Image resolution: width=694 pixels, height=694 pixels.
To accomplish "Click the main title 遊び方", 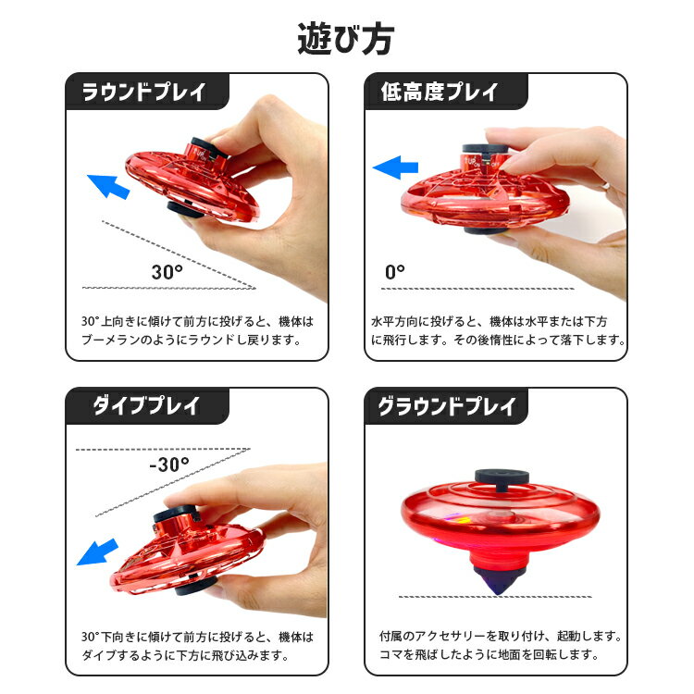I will click(346, 38).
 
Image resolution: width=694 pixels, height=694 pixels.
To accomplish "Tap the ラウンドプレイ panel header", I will click(143, 93).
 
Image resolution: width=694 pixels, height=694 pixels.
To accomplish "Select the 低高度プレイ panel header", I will click(440, 93).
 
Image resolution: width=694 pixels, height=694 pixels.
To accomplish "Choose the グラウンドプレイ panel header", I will click(446, 406).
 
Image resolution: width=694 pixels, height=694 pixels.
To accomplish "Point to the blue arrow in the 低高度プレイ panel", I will click(395, 167).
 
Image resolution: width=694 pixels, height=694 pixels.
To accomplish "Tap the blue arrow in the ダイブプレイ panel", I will click(96, 551).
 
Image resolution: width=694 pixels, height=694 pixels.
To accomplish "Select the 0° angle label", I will click(395, 272).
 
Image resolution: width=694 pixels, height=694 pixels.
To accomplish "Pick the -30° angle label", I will click(168, 464).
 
